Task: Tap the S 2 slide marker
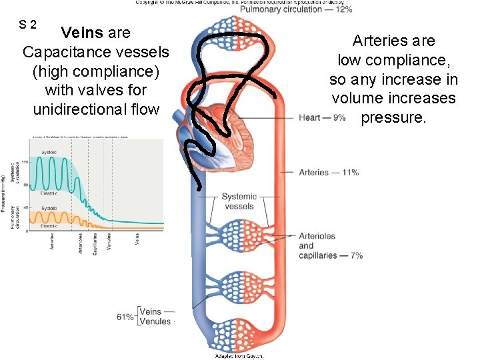tap(27, 25)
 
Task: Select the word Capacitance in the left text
tap(62, 51)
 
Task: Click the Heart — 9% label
tap(323, 118)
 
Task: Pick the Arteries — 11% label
tap(329, 172)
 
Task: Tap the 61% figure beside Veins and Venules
tap(125, 317)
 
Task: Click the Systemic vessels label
tap(239, 201)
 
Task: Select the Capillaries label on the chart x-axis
tap(95, 241)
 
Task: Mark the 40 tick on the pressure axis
tap(25, 208)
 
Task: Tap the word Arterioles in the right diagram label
tap(317, 236)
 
